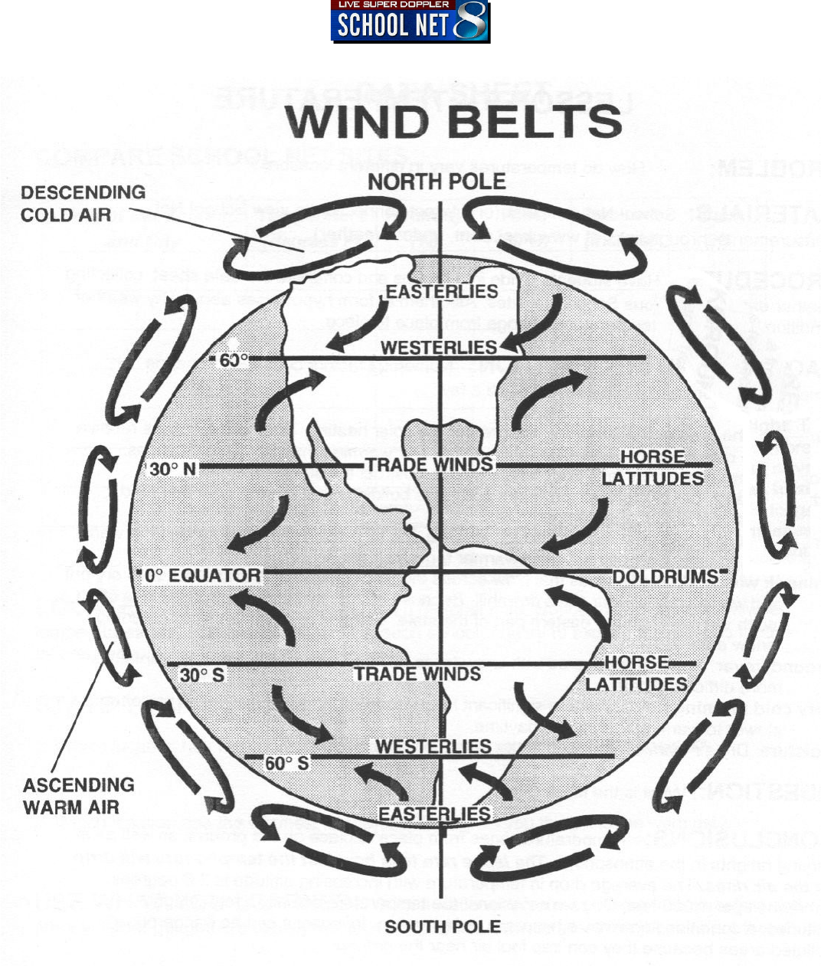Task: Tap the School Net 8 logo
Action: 410,21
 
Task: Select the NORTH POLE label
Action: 437,182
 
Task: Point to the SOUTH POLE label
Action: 442,927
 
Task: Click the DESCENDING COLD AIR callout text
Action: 83,203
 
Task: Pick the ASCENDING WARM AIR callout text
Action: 78,795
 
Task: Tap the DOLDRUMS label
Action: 664,576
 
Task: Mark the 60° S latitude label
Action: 287,763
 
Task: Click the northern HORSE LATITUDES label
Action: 653,467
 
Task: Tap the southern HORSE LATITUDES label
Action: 636,673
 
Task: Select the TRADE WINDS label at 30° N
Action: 429,465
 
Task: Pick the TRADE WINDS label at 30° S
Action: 417,674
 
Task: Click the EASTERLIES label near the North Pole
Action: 442,292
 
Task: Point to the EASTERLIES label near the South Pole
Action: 434,814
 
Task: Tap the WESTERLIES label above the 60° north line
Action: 439,347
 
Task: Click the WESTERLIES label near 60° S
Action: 433,746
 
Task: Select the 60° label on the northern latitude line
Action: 232,359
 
